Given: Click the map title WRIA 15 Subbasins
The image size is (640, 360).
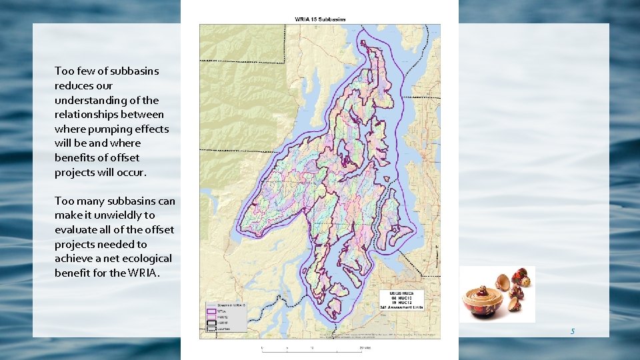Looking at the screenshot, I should [320, 19].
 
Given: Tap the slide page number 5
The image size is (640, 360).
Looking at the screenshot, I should [572, 331].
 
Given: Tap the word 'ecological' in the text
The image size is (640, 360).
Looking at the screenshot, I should [146, 259].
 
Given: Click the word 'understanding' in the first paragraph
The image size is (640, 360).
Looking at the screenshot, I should [88, 100].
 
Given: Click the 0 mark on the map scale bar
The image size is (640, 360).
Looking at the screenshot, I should [262, 348].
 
